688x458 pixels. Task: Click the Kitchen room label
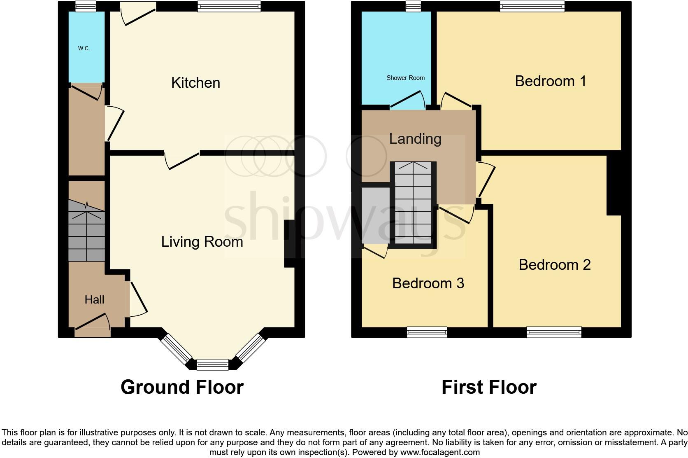click(195, 83)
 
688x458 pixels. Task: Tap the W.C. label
click(84, 49)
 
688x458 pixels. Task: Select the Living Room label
click(202, 242)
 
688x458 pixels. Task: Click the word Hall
click(94, 299)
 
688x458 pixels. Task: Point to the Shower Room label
click(405, 78)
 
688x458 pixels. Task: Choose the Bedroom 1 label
click(550, 81)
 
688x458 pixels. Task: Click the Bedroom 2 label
click(554, 264)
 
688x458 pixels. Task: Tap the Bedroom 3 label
click(428, 283)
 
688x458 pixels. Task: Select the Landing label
click(415, 139)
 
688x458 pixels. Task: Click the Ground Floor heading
click(182, 387)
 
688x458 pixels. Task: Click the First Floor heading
click(489, 387)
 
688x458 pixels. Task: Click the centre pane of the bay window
click(212, 365)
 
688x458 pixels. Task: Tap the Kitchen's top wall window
click(229, 6)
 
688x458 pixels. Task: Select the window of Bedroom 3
click(427, 332)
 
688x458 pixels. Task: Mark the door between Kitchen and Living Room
click(182, 160)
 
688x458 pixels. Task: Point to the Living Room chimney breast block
click(290, 244)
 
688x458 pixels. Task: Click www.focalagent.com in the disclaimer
click(440, 452)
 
